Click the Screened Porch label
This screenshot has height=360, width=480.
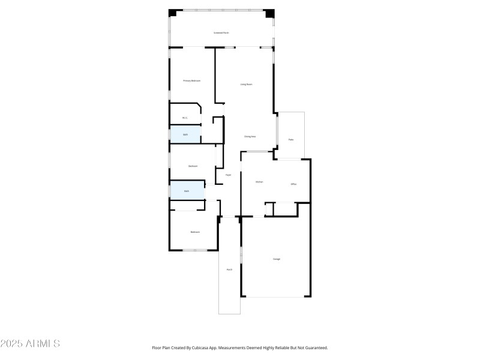pos(221,33)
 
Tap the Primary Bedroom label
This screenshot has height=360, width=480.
pos(191,80)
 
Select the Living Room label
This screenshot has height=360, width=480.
pos(246,85)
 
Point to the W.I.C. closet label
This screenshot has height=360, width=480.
pos(185,118)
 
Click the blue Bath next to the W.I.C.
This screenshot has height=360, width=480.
pos(185,134)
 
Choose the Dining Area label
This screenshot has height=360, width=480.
pos(250,137)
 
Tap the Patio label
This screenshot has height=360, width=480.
pos(291,140)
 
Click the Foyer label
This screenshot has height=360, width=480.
pos(229,175)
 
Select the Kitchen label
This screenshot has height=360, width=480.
pos(259,182)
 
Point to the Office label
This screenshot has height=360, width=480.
pos(293,184)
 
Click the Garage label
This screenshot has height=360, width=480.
pos(277,259)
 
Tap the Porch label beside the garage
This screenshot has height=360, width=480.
pos(229,270)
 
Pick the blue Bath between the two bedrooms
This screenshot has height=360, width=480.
pos(187,191)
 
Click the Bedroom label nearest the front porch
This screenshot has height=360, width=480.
pos(195,232)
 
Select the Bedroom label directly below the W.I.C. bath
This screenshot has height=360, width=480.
pos(193,166)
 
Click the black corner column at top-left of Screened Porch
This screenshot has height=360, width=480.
pos(173,13)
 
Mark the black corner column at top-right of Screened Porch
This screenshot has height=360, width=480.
pos(270,13)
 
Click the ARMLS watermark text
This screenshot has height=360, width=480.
pos(30,344)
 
